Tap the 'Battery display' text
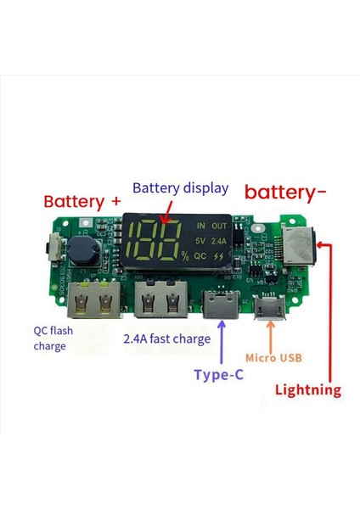tap(181, 188)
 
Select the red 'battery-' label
tap(285, 192)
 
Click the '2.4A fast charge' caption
tap(167, 339)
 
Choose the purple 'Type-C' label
tap(219, 374)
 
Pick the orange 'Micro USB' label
tap(275, 359)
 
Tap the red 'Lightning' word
tap(308, 390)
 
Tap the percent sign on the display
tap(184, 254)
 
